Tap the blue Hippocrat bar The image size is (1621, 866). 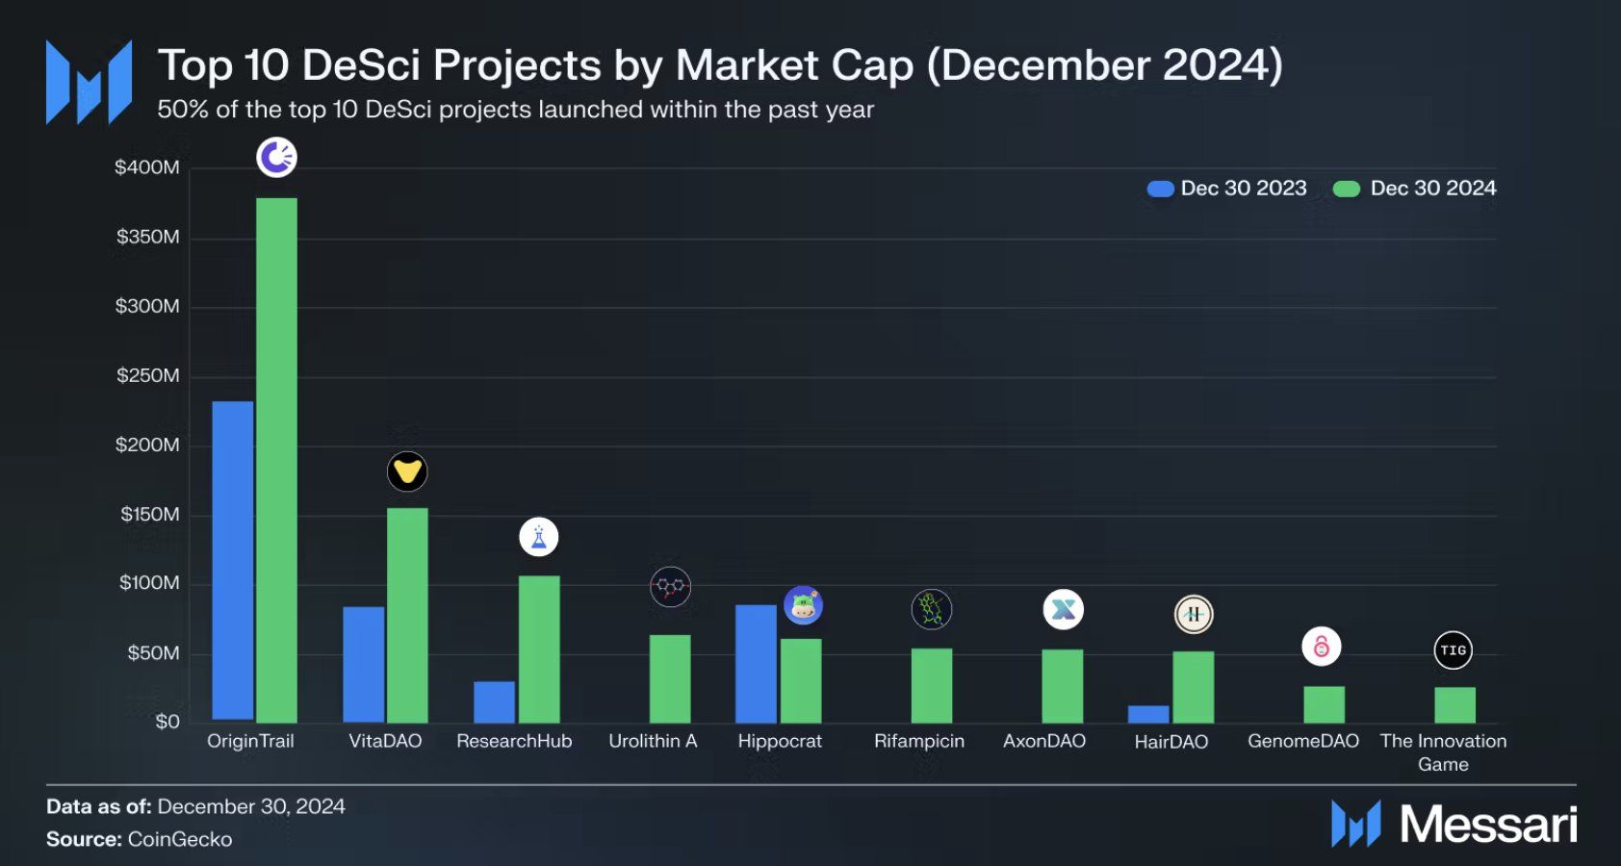756,664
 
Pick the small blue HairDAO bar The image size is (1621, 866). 1148,714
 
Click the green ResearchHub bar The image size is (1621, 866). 539,649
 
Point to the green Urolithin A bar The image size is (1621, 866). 670,678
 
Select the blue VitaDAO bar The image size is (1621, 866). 363,664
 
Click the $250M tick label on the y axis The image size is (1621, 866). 147,375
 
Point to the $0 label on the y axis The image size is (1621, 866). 167,722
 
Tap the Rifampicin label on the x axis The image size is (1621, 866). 918,741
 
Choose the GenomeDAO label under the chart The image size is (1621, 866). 1302,741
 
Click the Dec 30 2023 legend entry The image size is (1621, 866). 1227,189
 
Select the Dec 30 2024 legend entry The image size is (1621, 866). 1415,189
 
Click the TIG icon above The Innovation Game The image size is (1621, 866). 1453,650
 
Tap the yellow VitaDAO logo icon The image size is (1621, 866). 407,471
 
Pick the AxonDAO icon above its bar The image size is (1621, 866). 1063,609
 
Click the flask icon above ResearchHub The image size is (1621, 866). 539,537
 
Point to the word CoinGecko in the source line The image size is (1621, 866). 180,839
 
